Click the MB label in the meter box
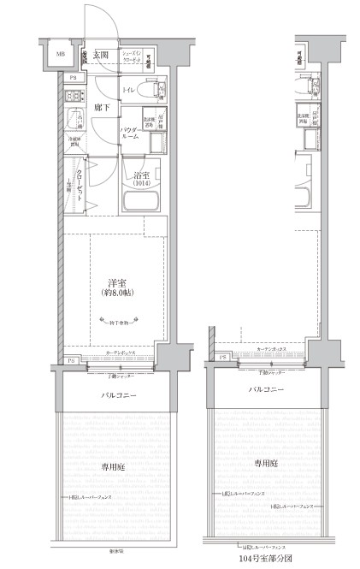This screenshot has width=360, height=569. [60, 56]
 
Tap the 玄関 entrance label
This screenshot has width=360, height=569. [101, 55]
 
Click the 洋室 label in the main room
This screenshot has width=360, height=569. [118, 282]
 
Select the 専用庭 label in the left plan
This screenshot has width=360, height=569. [110, 466]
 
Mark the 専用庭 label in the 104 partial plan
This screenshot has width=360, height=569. [266, 462]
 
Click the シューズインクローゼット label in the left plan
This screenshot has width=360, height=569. [137, 56]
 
